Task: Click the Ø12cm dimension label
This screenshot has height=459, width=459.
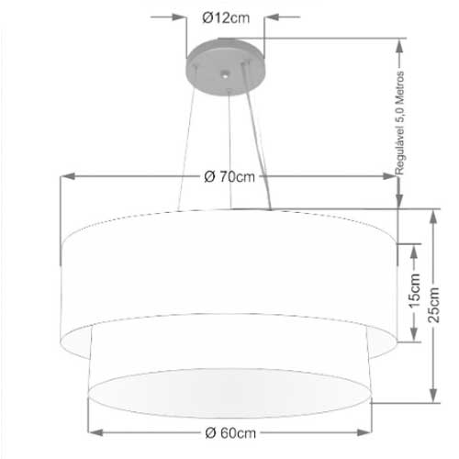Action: [226, 17]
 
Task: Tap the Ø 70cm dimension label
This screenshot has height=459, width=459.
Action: [229, 176]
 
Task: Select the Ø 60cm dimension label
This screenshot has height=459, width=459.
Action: [230, 432]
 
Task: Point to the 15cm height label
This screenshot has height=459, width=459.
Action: [415, 291]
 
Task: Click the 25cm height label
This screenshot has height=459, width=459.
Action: [433, 305]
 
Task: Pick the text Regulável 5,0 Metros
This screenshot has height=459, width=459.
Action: [399, 123]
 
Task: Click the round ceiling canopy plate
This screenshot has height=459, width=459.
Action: [226, 67]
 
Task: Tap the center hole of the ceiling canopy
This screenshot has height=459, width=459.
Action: [225, 73]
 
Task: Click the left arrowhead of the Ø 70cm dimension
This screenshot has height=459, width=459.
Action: [67, 176]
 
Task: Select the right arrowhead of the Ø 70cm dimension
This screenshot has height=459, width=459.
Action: [390, 176]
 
